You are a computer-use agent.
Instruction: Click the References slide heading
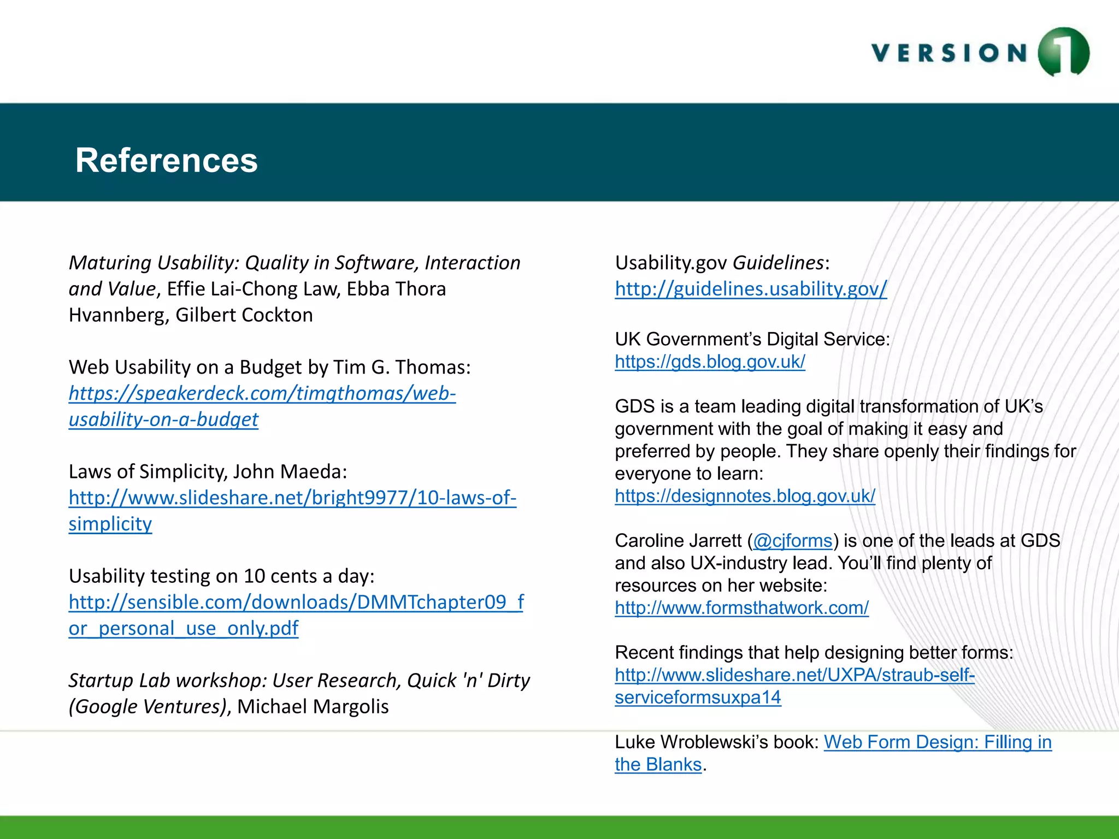tap(166, 161)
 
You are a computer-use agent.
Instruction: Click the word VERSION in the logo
tap(950, 54)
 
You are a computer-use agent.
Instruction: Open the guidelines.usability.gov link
tap(751, 289)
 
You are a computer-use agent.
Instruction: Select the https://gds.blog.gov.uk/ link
tap(710, 362)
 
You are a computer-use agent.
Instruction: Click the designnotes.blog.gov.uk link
tap(745, 496)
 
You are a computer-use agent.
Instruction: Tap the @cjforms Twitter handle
tap(792, 541)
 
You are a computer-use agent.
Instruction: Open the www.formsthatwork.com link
tap(741, 608)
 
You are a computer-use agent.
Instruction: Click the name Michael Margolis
tap(313, 707)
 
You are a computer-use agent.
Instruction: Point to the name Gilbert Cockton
tap(244, 315)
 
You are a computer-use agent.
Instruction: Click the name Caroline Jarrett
tap(678, 541)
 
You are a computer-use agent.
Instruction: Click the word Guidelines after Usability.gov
tap(778, 263)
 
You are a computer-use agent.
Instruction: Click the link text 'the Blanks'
tap(658, 765)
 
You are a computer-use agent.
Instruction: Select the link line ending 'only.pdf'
tap(183, 629)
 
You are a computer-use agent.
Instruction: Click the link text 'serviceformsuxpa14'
tap(698, 698)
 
